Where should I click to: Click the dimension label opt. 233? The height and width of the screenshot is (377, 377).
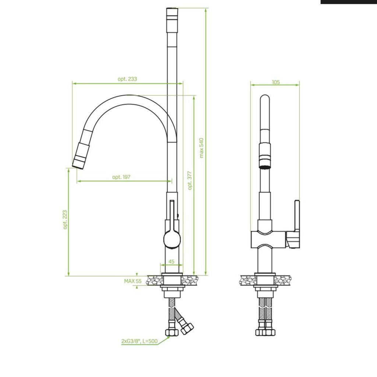(127, 79)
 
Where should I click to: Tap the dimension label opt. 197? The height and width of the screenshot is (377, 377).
(121, 177)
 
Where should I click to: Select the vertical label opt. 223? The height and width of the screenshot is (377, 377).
(65, 220)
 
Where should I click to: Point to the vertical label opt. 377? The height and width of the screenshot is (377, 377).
(190, 180)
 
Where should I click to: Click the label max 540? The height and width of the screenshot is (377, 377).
(201, 148)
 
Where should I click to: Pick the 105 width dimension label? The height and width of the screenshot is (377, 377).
(276, 82)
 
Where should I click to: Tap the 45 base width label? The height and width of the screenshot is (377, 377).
(171, 261)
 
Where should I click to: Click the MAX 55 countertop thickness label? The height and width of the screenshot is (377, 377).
(133, 281)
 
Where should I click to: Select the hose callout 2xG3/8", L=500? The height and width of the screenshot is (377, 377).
(140, 341)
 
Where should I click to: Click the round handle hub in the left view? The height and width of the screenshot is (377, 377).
(172, 239)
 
